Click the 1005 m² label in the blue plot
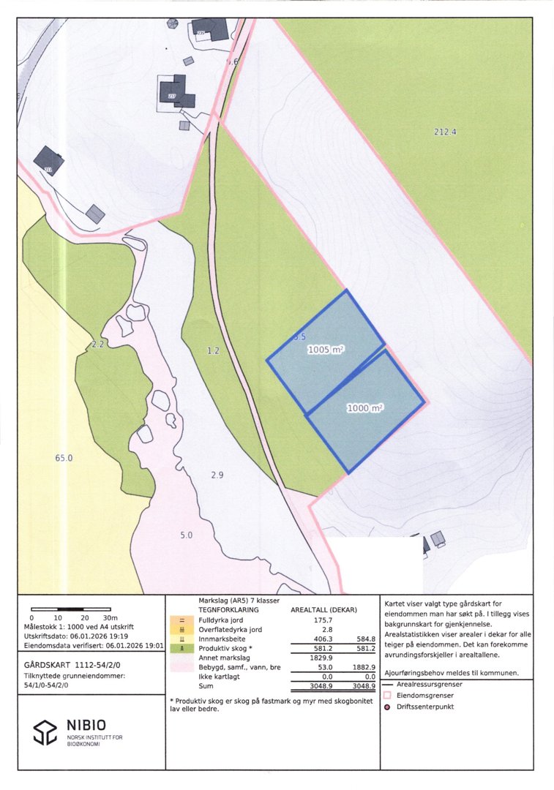click(326, 350)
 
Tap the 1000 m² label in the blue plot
click(365, 409)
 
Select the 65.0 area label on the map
click(64, 458)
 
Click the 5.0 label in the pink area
click(186, 535)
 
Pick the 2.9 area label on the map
click(217, 475)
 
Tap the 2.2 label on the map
click(98, 344)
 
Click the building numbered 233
click(176, 92)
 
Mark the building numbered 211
click(48, 161)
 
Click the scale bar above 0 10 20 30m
click(70, 609)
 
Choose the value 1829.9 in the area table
click(306, 657)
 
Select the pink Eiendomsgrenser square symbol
click(388, 696)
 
